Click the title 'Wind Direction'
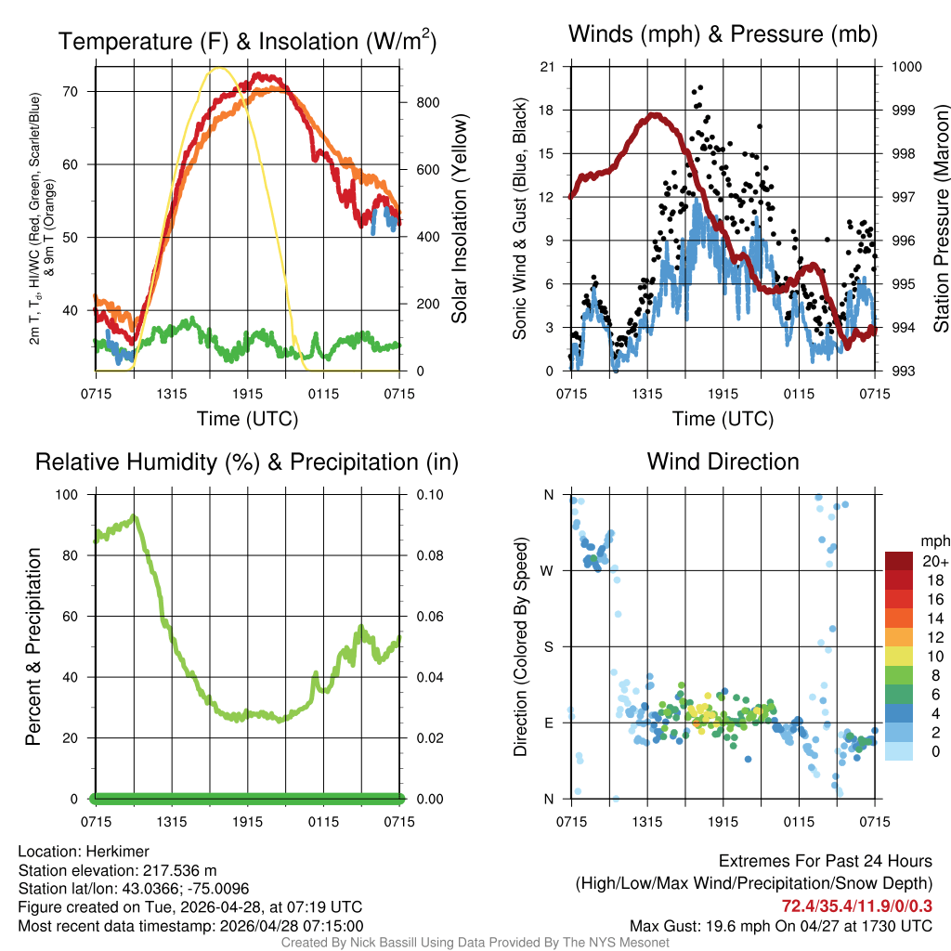(723, 462)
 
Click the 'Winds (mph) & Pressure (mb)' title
(723, 35)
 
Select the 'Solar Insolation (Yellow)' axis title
(459, 218)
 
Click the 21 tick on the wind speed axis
(547, 67)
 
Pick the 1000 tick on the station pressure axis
(905, 67)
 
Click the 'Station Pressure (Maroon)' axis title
(940, 218)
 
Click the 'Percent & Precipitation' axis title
(33, 646)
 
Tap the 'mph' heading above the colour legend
(932, 541)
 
